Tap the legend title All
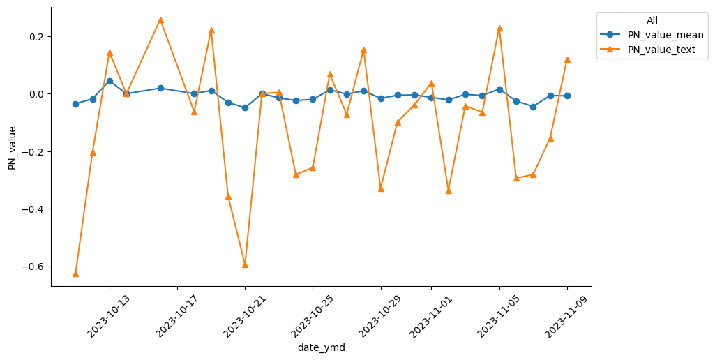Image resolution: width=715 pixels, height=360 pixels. (652, 20)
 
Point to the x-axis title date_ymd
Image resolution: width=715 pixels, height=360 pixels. (321, 347)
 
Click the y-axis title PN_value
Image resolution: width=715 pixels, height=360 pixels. (12, 148)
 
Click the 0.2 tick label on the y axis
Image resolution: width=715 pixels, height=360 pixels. (36, 36)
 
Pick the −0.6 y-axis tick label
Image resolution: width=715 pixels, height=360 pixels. (33, 267)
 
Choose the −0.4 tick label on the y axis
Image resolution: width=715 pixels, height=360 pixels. (33, 209)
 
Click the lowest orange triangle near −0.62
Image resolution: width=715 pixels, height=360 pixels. (75, 273)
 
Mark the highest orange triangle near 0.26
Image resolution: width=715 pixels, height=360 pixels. (160, 20)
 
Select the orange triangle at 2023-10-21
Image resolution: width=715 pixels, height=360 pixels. (245, 264)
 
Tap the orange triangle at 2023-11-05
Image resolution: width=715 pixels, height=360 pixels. (499, 28)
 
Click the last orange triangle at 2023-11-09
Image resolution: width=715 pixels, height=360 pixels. (567, 59)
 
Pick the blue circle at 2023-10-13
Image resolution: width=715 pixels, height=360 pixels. (110, 81)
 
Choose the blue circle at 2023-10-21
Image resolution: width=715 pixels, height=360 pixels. (245, 107)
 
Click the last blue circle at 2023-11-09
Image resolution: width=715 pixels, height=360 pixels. (567, 96)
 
